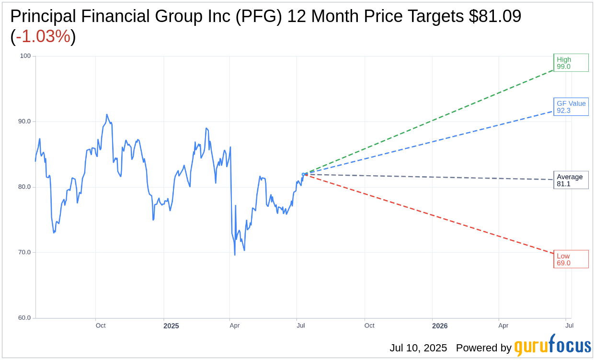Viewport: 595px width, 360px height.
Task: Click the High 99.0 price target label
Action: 571,63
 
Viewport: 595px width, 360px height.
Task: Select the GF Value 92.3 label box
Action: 571,107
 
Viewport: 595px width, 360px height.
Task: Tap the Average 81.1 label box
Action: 571,180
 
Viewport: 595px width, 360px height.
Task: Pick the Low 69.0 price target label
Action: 571,259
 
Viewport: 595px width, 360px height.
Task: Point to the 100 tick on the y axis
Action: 25,56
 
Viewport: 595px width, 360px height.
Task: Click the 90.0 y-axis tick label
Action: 24,122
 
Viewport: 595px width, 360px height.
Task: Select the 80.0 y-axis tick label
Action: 24,187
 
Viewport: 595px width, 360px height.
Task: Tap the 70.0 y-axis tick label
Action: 24,252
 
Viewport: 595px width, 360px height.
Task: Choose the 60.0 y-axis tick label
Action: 24,318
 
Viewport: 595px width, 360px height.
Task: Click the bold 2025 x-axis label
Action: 171,326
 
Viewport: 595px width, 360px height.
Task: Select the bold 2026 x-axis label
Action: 440,326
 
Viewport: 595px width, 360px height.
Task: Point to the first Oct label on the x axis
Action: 101,326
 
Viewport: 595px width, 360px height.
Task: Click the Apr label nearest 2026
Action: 503,326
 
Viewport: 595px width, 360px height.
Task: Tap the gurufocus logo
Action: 552,346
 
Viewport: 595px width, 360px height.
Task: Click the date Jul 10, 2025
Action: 418,348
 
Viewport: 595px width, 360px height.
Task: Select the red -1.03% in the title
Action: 43,36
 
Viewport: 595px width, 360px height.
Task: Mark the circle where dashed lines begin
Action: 303,174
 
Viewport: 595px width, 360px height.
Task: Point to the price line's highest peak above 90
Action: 107,115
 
